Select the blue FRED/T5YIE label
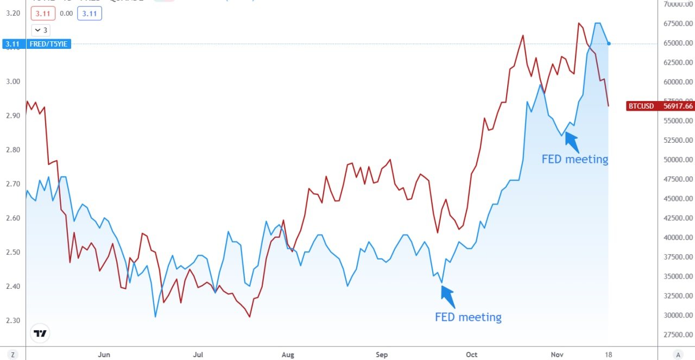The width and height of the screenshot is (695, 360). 36,43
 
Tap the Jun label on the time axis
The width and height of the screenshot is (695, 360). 104,355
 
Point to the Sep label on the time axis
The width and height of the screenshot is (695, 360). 382,355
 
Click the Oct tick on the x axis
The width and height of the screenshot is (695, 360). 471,355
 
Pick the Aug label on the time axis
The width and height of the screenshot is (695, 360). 288,355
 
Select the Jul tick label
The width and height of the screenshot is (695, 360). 198,355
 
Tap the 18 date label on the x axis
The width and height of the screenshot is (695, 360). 609,355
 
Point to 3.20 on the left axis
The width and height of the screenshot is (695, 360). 12,13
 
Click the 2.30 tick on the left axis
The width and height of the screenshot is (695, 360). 12,320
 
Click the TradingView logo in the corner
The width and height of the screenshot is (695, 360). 40,333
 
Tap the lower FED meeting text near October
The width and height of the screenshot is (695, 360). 468,317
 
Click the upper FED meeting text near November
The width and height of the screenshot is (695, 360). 574,159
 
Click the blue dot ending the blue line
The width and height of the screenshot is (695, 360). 609,43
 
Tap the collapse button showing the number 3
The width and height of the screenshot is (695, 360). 40,30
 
